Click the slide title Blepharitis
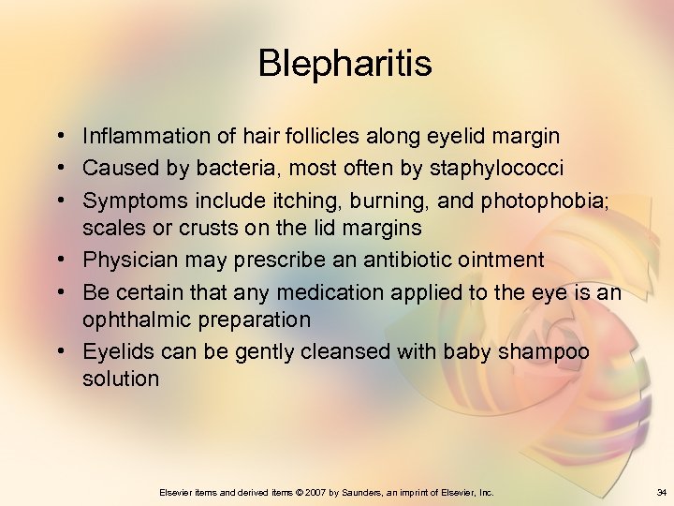[344, 64]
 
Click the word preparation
[254, 319]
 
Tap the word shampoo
[547, 350]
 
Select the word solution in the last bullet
[121, 379]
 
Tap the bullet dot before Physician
[59, 258]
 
